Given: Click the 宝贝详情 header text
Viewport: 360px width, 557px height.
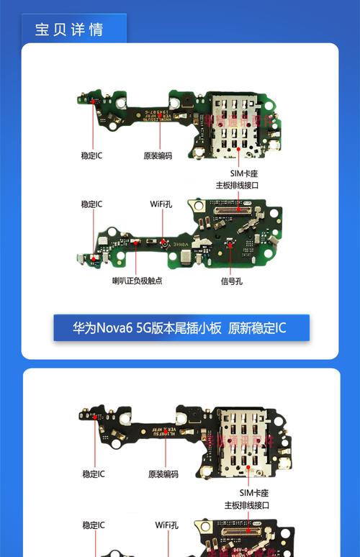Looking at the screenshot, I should [x=69, y=30].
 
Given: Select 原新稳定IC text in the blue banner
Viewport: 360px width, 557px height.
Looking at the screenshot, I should [x=257, y=328].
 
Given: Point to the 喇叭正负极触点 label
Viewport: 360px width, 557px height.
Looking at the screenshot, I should [x=137, y=280].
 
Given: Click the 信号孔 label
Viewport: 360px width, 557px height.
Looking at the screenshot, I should [x=231, y=280].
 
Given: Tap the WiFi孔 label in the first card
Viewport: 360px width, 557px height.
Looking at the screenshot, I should [x=161, y=204].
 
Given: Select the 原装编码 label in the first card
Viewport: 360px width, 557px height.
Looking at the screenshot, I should [x=158, y=155].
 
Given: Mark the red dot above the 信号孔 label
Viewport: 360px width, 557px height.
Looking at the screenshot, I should [x=230, y=245].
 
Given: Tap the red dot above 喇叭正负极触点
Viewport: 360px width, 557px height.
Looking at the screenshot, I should [x=135, y=244].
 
